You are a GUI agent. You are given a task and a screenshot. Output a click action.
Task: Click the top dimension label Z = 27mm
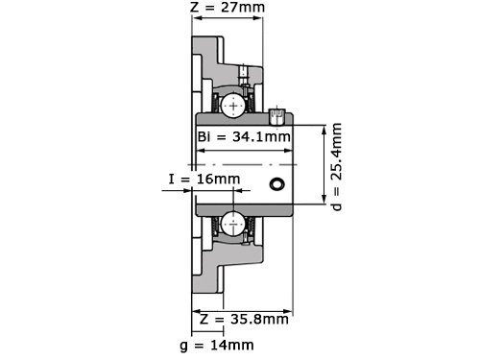228,9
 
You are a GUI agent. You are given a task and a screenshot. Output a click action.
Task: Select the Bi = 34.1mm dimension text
244,136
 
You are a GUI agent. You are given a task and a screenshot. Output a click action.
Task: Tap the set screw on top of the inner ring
277,116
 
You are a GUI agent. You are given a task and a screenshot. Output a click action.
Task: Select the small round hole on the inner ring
277,183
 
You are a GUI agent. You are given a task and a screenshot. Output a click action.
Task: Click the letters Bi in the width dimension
204,136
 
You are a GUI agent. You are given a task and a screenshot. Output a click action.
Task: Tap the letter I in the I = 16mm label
171,179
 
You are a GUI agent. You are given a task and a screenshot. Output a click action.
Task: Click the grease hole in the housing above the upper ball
244,73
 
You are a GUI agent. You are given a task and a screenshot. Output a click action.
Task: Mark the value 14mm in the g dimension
236,345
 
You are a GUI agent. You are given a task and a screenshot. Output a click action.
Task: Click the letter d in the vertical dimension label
336,204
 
